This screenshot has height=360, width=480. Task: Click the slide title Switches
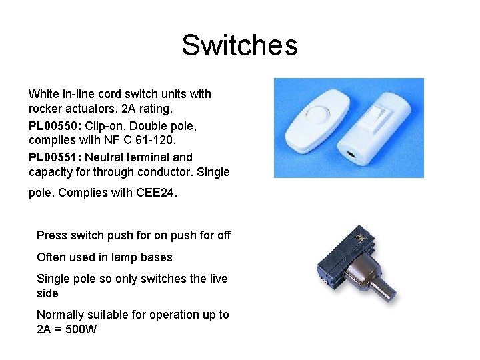(x=239, y=45)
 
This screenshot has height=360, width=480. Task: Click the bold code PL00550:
(x=55, y=126)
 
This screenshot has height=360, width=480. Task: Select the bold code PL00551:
(x=55, y=157)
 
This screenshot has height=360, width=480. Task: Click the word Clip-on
(x=106, y=126)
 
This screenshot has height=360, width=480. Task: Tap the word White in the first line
(x=44, y=94)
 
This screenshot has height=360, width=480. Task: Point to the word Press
(x=51, y=235)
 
